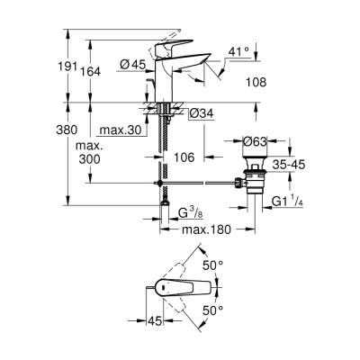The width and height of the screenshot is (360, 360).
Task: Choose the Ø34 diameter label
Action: click(201, 112)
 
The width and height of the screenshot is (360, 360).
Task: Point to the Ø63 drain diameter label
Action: click(257, 140)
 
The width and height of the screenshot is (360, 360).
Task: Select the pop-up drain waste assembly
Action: click(255, 180)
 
